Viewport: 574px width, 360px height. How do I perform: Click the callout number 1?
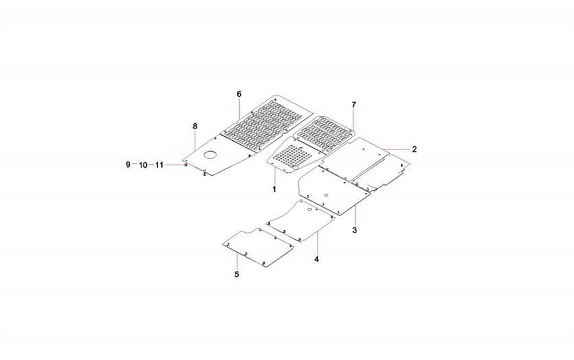[x=274, y=189]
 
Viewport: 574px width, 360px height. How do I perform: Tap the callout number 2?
[x=414, y=149]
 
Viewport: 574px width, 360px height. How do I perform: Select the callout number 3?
[x=355, y=230]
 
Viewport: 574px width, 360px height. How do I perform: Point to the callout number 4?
[x=316, y=259]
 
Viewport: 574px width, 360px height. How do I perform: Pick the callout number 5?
[x=236, y=274]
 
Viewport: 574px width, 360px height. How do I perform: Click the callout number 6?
[x=239, y=94]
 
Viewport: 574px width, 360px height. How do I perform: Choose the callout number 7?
[x=354, y=104]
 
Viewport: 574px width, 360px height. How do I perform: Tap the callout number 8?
[x=195, y=126]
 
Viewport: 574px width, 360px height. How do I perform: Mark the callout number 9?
[x=128, y=165]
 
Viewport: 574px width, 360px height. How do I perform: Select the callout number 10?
[x=143, y=165]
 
